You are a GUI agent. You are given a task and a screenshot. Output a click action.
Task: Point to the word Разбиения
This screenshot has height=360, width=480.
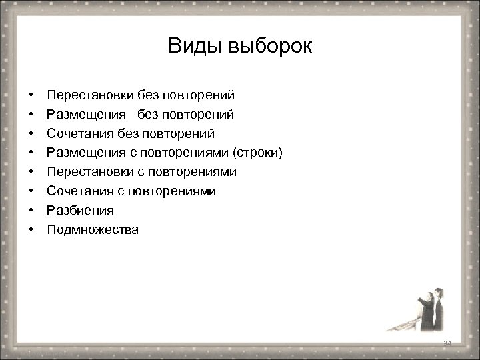tap(80, 211)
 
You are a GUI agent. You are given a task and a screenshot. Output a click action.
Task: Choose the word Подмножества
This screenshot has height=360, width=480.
tap(93, 230)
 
